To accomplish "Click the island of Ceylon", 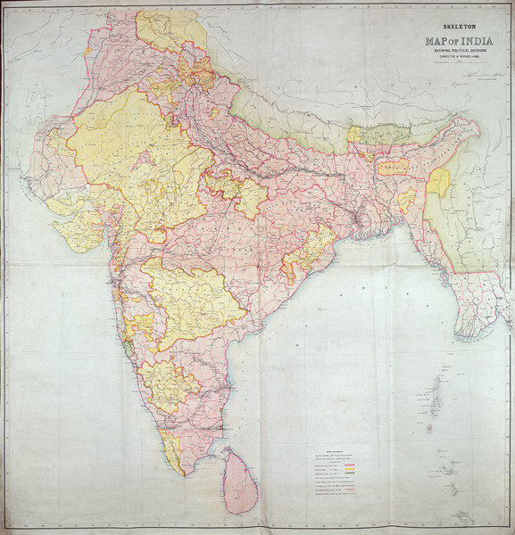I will [239, 481].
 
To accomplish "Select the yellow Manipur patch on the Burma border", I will [437, 182].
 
